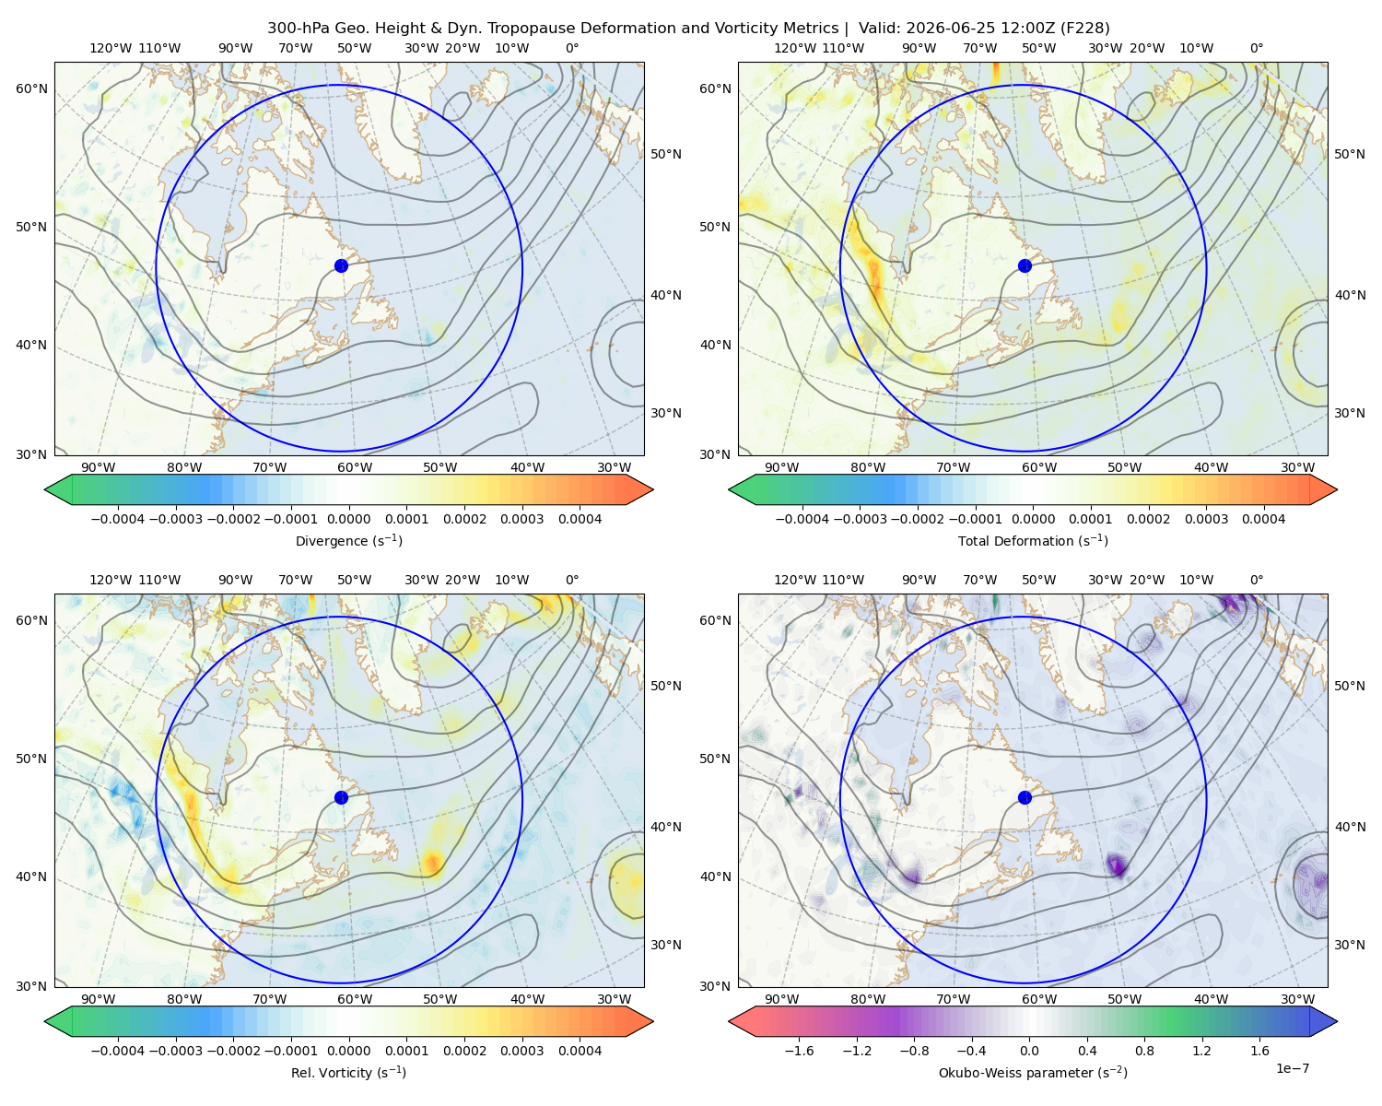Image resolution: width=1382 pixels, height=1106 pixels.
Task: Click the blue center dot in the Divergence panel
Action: coord(341,266)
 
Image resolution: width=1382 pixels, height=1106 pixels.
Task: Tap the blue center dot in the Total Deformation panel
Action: coord(1025,266)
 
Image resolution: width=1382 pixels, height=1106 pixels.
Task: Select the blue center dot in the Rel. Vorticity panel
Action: coord(341,797)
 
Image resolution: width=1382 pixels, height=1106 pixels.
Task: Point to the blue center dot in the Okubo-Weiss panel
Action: coord(1025,797)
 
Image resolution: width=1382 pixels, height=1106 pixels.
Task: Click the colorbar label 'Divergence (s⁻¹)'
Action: coord(348,541)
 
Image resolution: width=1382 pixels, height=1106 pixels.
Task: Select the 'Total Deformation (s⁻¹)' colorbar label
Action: coord(1033,541)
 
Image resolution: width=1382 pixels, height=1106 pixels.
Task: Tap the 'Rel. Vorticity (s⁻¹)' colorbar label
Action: coord(348,1073)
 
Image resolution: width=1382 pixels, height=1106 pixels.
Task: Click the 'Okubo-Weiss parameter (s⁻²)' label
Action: coord(1033,1073)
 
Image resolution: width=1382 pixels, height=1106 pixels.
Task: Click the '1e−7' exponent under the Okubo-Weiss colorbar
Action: coord(1292,1068)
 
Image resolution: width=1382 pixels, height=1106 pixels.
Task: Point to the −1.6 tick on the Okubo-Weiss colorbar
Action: coord(799,1051)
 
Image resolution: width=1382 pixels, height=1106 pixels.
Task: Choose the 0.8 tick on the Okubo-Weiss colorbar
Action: coord(1144,1051)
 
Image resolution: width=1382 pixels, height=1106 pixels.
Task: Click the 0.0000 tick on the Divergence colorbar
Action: coord(348,519)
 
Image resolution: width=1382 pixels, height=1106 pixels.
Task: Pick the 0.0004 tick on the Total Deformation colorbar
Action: coord(1264,519)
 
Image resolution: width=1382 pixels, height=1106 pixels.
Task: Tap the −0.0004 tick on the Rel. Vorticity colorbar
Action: coord(118,1051)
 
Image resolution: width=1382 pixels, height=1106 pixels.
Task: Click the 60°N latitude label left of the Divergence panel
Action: coord(31,88)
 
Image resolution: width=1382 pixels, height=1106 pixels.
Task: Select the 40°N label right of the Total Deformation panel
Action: coord(1350,295)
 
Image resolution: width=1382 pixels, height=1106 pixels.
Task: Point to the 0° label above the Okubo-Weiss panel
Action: coord(1256,580)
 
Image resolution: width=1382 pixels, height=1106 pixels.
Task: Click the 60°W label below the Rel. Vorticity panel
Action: coord(355,999)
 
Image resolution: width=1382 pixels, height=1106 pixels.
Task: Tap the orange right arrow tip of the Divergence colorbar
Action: coord(653,489)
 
